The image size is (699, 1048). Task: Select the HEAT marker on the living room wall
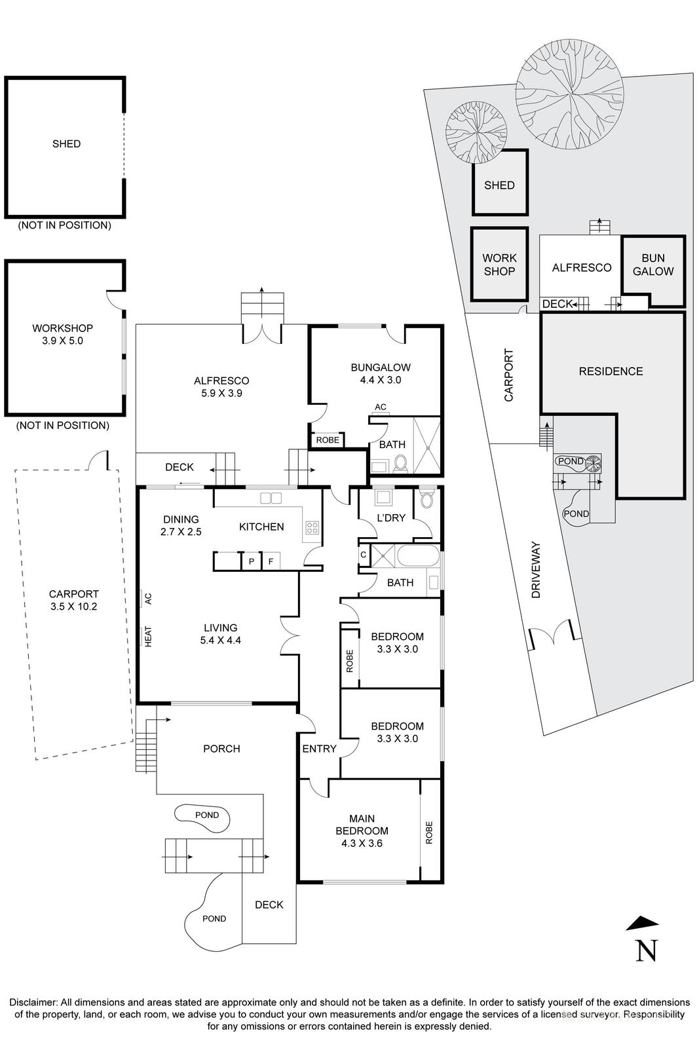tap(147, 636)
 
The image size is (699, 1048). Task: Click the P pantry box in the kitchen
tap(250, 561)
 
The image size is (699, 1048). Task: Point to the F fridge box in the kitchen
tap(270, 561)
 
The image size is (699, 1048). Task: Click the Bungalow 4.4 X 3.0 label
tap(380, 373)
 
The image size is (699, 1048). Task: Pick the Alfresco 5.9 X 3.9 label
tap(221, 386)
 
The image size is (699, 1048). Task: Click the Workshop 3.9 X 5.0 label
tap(62, 334)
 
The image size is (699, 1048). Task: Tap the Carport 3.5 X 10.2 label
tap(73, 600)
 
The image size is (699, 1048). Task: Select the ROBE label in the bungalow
tap(328, 440)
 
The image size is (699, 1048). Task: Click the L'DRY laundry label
tap(392, 517)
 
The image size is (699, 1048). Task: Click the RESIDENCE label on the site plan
tap(611, 371)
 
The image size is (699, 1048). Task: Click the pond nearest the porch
tap(203, 817)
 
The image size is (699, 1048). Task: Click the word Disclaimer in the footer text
tap(33, 1002)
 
